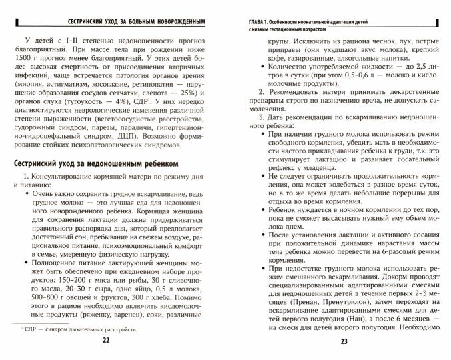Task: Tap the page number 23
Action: pyautogui.click(x=344, y=342)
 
